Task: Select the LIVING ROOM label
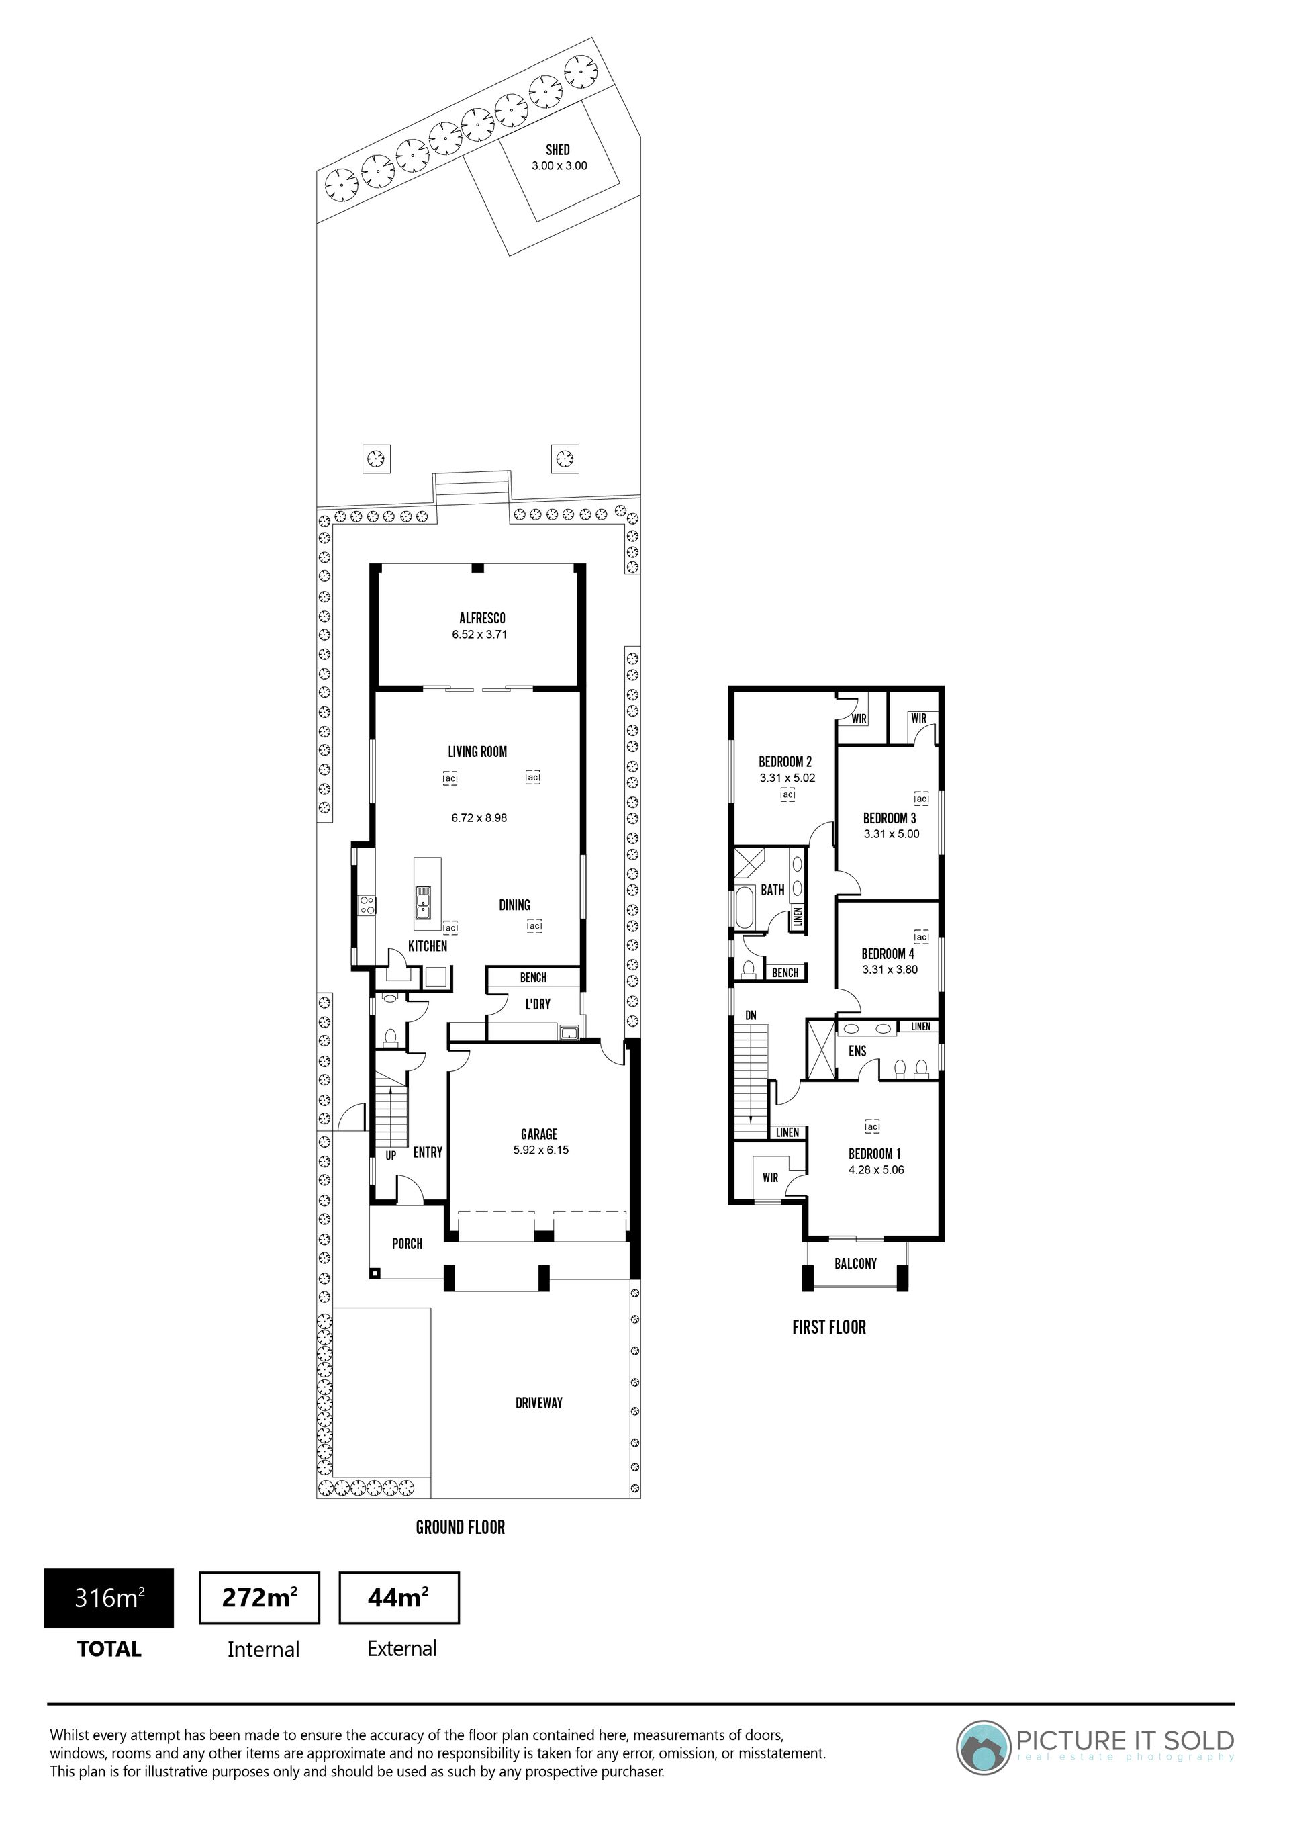(x=477, y=751)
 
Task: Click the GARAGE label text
(x=539, y=1134)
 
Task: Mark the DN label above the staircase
(x=751, y=1015)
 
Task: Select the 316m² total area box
(x=109, y=1598)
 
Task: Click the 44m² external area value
(x=399, y=1597)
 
